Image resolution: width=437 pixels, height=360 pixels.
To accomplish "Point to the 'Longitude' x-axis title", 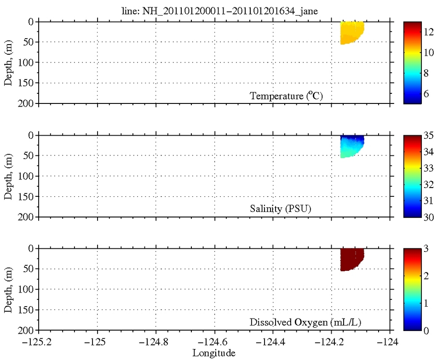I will [x=214, y=353].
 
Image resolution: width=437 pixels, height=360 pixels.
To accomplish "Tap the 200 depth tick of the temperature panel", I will [x=28, y=103].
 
